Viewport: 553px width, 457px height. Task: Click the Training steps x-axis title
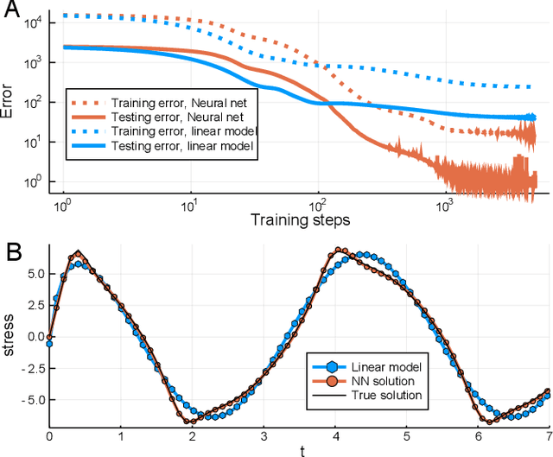pos(300,220)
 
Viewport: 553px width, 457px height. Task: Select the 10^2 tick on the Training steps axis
pos(318,207)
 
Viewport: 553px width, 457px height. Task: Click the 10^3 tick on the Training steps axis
pos(446,207)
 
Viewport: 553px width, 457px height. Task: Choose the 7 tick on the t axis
pos(550,436)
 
